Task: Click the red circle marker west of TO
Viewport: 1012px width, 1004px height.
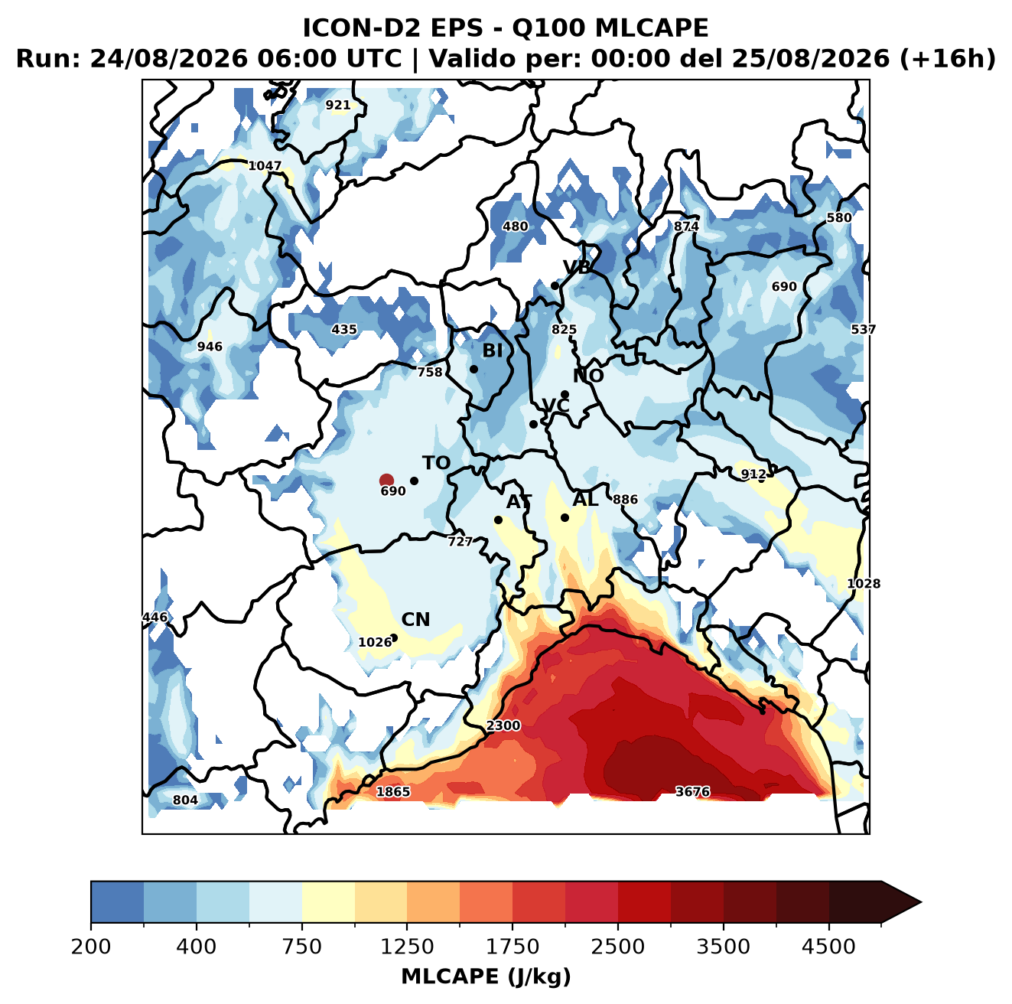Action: point(386,480)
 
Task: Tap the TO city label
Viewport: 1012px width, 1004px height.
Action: point(436,463)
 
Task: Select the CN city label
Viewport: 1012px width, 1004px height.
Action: point(415,619)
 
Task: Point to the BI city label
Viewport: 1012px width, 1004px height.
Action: point(492,350)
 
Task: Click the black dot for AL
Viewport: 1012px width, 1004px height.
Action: point(565,517)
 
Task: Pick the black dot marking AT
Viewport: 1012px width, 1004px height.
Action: point(498,520)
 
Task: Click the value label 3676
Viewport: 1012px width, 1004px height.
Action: point(692,791)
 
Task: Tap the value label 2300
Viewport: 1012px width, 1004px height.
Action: point(503,725)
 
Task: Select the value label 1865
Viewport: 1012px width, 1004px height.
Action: point(393,791)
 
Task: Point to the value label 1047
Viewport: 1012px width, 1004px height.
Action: point(265,166)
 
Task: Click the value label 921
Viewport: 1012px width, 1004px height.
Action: point(337,105)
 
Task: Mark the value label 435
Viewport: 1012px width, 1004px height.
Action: point(344,329)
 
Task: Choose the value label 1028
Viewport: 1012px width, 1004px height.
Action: point(864,584)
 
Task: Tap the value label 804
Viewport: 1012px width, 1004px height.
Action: point(185,800)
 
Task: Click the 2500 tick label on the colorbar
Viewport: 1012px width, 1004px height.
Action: point(617,946)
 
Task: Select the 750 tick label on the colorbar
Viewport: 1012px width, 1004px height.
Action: point(301,946)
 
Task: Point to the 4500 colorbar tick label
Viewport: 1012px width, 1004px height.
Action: point(828,946)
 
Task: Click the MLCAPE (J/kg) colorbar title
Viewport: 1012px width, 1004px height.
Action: point(486,976)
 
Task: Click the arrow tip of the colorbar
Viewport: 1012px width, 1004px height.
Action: point(921,903)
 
